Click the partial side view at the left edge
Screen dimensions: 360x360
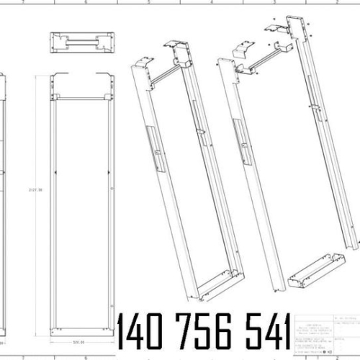pyautogui.click(x=4, y=202)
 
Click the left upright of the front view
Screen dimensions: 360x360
pyautogui.click(x=51, y=209)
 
